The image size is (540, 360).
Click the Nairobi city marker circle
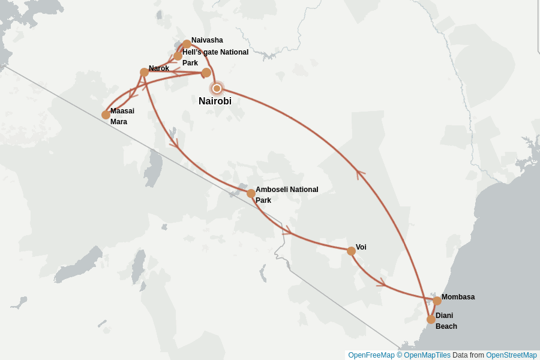coord(217,88)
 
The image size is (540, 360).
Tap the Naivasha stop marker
coord(187,44)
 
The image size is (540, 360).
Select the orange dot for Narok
coord(145,72)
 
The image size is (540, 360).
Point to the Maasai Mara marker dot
coord(106,115)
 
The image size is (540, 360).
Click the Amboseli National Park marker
coord(251,193)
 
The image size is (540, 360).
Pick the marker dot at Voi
coord(351,251)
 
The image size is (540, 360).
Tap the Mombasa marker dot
coord(437,301)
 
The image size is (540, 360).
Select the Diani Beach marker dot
coord(431,319)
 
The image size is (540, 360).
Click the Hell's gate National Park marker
coord(178,56)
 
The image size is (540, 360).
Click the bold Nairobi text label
coord(215,101)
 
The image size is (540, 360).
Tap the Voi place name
coord(361,247)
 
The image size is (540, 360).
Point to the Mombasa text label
coord(458,297)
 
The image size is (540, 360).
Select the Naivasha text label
coord(207,40)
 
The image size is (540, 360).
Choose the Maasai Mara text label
coord(122,116)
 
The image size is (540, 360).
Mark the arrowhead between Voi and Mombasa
coord(381,282)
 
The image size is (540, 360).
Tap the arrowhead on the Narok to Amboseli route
coord(173,143)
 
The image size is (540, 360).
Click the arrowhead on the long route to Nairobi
coord(360,173)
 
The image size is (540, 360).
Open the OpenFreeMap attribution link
coord(371,355)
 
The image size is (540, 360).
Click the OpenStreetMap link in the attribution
coord(511,355)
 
